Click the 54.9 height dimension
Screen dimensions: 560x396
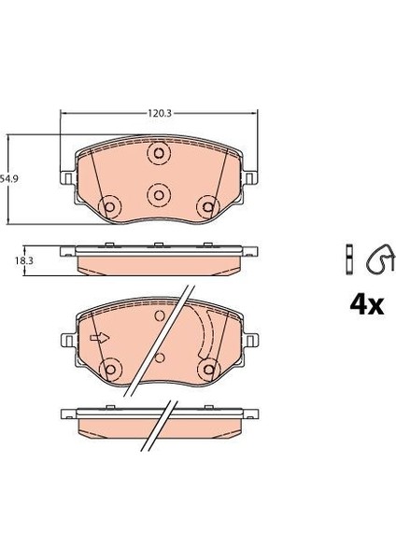tap(10, 176)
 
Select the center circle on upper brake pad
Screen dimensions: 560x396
tap(159, 193)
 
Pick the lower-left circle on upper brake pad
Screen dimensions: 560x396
tap(110, 206)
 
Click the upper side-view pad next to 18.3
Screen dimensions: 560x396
tap(159, 258)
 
